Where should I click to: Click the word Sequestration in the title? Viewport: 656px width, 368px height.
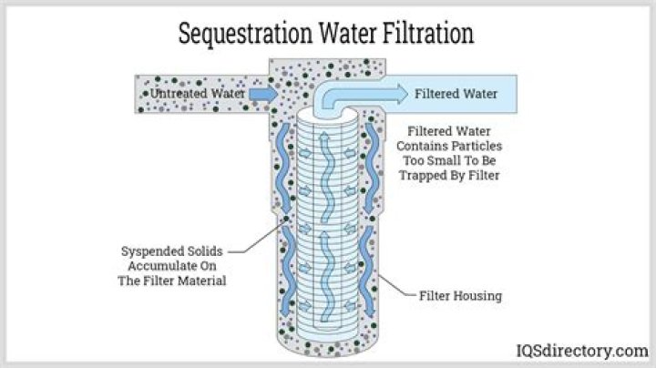[245, 34]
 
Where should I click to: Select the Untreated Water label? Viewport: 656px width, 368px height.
[197, 93]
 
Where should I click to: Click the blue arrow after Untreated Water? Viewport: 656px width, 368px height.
[263, 94]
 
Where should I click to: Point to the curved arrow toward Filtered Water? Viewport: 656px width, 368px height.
[360, 94]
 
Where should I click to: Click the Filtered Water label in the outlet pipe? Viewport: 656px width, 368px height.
[456, 94]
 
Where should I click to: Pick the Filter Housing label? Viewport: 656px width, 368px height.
[461, 296]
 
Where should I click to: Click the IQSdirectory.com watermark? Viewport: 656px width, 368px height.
[582, 351]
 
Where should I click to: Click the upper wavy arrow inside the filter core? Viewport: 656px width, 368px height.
[327, 177]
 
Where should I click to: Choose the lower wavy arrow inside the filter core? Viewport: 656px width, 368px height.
[327, 276]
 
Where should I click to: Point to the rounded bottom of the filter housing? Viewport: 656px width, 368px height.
[328, 348]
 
